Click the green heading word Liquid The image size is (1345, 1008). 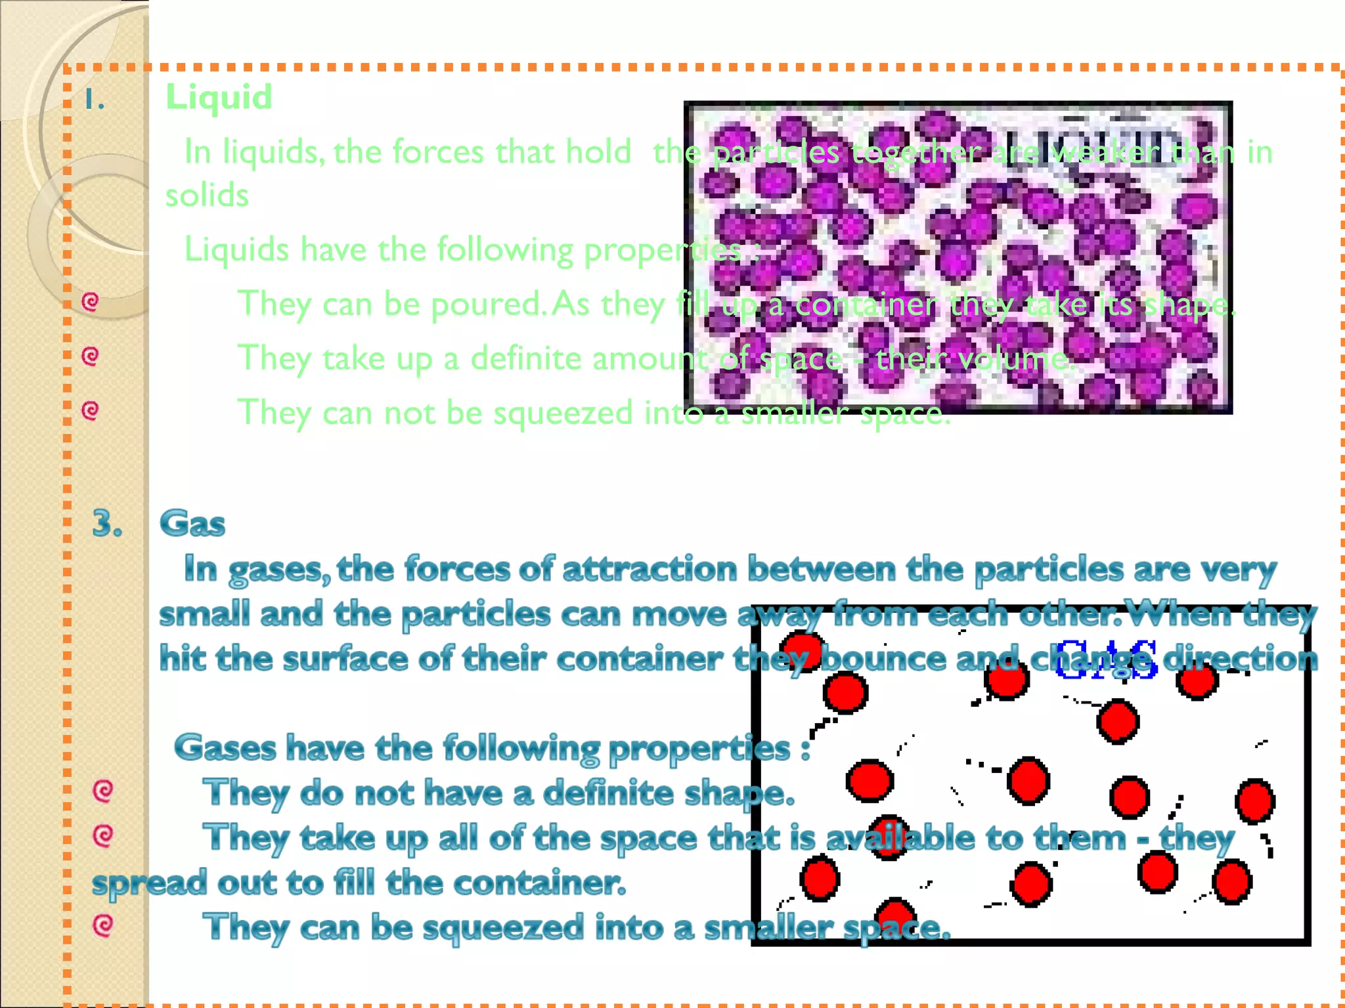tap(219, 97)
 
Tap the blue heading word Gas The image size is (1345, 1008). tap(192, 524)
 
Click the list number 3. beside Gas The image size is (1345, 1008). tap(107, 524)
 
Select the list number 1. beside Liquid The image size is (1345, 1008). tap(95, 100)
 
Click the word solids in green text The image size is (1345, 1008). tap(207, 195)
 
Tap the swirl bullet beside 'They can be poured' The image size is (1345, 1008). tap(90, 302)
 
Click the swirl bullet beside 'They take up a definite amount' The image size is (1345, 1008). tap(90, 356)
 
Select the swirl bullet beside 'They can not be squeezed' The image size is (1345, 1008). tap(90, 411)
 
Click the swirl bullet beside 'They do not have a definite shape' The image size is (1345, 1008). tap(102, 791)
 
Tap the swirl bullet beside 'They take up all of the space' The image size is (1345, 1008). tap(102, 836)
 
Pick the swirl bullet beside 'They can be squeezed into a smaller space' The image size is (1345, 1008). tap(102, 925)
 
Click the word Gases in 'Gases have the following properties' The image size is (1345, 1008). tap(225, 747)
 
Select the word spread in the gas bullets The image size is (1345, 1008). tap(149, 883)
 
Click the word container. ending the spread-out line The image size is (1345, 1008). tap(539, 883)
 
